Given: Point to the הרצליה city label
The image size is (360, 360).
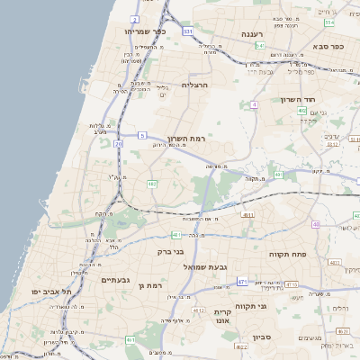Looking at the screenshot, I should pos(194,85).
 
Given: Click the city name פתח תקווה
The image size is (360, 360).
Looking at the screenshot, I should pos(288,255).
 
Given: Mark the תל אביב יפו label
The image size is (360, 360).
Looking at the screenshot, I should pos(65,292).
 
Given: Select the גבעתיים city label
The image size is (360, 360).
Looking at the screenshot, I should pos(117,280).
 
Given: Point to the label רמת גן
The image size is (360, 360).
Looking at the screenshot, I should pos(157,285).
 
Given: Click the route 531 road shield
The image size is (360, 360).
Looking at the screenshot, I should pos(187,31).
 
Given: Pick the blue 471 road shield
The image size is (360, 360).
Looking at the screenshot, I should pos(243,282).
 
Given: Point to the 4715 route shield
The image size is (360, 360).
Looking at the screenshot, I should pos(292,284).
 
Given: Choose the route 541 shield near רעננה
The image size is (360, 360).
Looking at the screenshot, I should pos(259,45).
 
